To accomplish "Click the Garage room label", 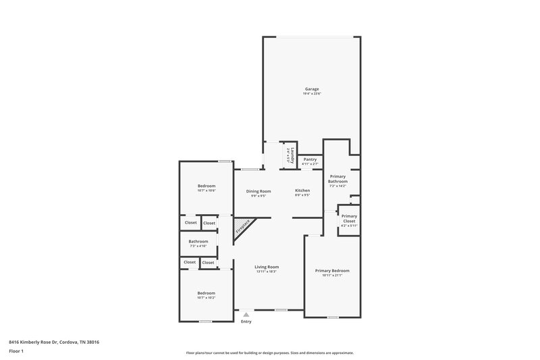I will [311, 88].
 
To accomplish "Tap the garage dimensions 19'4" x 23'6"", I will [311, 94].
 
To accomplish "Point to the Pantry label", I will [310, 159].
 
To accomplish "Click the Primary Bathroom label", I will [337, 178].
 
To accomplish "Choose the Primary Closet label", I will [349, 218].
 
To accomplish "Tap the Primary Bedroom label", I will [332, 270].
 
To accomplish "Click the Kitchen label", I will [302, 191].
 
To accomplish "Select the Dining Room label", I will [259, 191].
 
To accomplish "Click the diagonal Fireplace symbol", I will [243, 226].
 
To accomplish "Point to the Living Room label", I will [267, 267].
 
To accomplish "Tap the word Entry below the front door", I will [246, 322].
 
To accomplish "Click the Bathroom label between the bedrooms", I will [198, 241].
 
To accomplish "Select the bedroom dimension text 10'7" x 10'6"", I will [207, 191].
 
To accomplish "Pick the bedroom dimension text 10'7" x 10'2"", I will [207, 298].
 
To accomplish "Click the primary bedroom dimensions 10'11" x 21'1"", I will [332, 276].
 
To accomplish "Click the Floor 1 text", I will [16, 352].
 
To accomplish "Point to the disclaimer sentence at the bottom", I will [270, 353].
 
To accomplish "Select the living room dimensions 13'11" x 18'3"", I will [267, 272].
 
